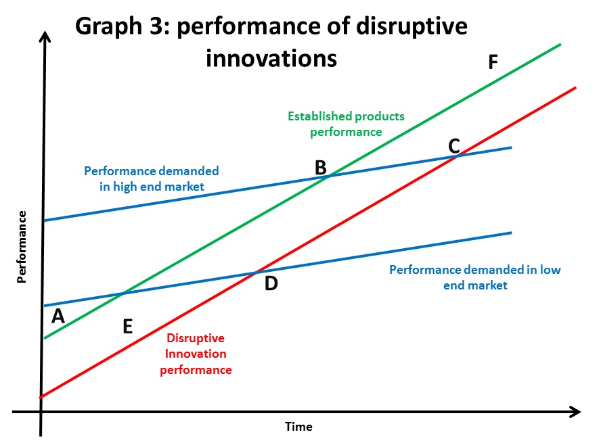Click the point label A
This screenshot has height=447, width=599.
58,316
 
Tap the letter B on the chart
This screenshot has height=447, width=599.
321,168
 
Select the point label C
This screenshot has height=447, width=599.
454,146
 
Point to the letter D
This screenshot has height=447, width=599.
271,283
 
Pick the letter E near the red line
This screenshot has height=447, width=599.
128,327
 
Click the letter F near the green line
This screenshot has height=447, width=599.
493,62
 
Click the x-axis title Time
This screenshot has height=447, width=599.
298,427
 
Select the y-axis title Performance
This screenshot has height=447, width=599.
22,247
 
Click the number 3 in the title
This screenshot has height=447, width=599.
156,26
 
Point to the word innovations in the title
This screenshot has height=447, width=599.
271,58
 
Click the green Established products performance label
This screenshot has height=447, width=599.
346,124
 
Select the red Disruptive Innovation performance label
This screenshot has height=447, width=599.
196,354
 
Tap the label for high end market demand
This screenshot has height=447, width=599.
152,179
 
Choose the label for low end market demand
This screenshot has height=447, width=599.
475,277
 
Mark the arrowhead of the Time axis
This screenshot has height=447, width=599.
575,412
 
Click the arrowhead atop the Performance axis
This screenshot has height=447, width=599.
45,37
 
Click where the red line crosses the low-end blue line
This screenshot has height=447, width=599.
257,272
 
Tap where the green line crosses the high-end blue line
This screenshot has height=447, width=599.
330,175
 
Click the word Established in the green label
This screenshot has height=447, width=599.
319,116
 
